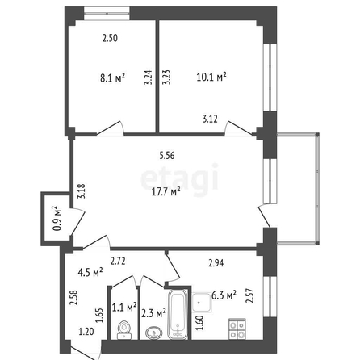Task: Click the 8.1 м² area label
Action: pos(113,78)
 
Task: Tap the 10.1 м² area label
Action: pos(211,77)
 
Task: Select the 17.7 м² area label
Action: pos(165,192)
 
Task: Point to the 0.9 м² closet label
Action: pos(57,218)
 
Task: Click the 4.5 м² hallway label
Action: pos(90,273)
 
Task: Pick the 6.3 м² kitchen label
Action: pos(224,295)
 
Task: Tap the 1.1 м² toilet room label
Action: pos(124,307)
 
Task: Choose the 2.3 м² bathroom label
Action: pos(153,313)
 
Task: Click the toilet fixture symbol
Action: pos(124,330)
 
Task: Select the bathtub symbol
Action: pos(178,314)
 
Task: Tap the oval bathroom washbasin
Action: pos(154,333)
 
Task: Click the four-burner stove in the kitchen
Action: pos(237,329)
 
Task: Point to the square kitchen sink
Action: pos(202,303)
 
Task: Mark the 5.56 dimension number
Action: pos(167,156)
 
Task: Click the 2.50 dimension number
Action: pos(110,38)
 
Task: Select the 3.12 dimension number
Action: pos(210,119)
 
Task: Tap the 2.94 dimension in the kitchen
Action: pos(216,263)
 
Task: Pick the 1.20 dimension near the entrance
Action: pos(86,332)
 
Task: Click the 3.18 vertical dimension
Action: pos(82,191)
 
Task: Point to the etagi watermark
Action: pos(180,179)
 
